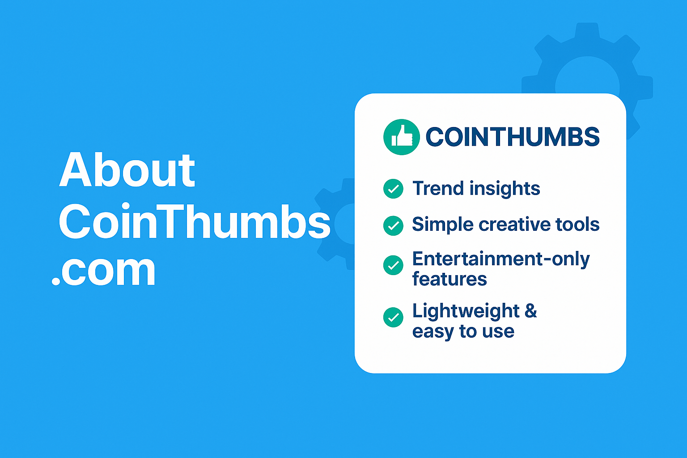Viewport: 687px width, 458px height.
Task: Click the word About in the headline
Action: tap(127, 170)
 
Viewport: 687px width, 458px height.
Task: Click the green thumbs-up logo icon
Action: tap(401, 137)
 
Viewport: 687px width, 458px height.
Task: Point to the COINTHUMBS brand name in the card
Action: tap(512, 137)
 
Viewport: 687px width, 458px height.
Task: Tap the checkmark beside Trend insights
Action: tap(393, 189)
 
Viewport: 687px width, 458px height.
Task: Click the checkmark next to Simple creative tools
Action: tap(393, 225)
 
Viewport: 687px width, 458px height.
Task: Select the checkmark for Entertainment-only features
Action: tap(393, 265)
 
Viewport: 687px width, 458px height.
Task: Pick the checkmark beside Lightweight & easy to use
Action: tap(393, 317)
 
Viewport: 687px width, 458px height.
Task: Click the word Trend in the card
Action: tap(438, 188)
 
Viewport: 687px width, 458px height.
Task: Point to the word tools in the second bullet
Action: tap(577, 224)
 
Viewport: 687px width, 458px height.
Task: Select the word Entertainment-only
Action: tap(500, 259)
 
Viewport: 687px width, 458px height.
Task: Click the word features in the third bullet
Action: tap(449, 279)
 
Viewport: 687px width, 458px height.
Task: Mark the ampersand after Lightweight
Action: tap(530, 310)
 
